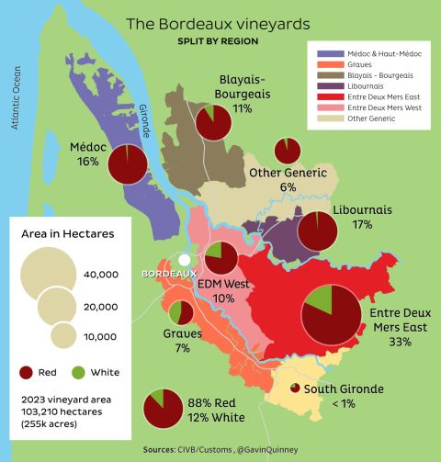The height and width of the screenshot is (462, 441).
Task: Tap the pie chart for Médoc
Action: (129, 166)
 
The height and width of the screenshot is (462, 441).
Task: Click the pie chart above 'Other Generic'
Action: (287, 151)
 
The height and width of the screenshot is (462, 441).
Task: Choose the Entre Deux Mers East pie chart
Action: (332, 314)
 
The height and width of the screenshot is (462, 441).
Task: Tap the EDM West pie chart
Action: (220, 260)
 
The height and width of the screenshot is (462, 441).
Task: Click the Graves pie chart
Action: (180, 313)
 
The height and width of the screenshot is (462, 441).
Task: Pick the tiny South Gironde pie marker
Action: (295, 389)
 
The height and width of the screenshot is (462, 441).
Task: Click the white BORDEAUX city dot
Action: (185, 260)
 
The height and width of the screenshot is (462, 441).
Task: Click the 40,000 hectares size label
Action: (101, 274)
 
